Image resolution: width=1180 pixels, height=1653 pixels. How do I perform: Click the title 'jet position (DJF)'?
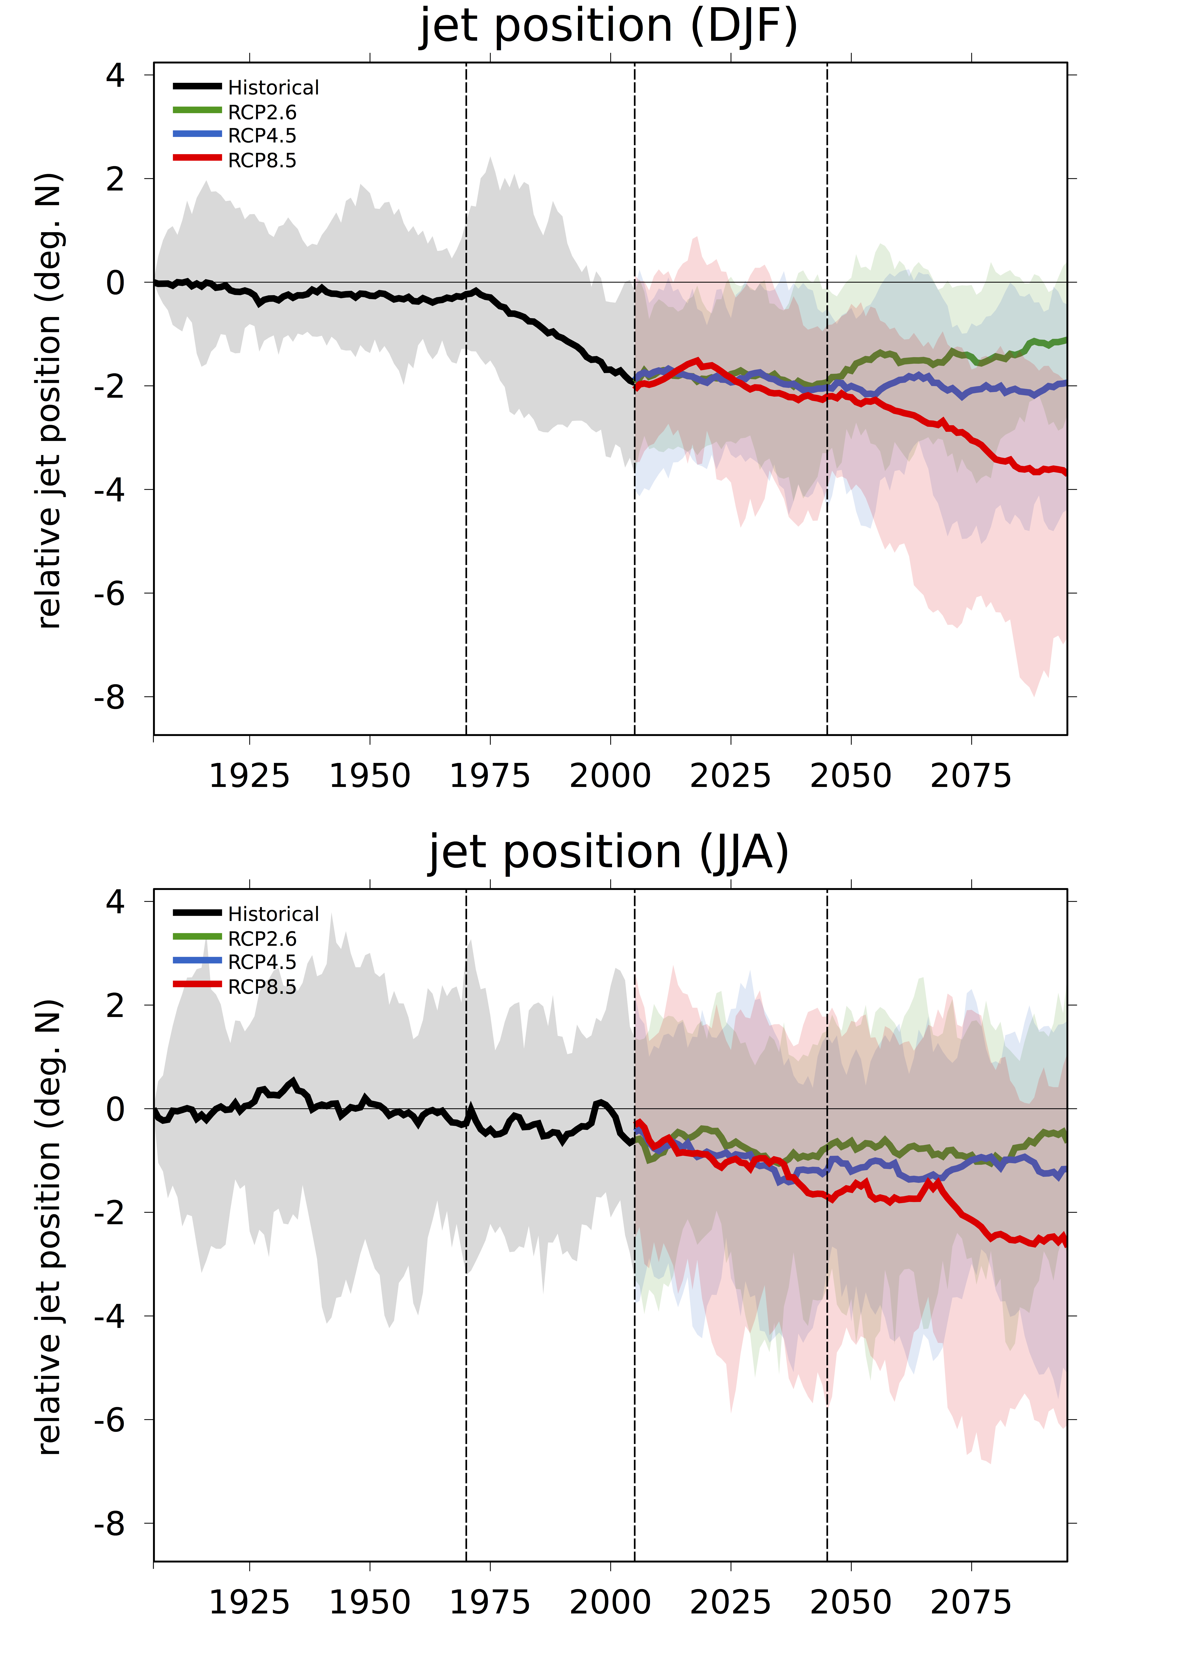coord(609,28)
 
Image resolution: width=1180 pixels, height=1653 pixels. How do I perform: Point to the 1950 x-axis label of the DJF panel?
coord(370,776)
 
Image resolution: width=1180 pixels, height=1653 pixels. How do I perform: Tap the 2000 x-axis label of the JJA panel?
coord(610,1603)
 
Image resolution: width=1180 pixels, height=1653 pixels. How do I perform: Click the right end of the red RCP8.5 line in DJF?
coord(1066,473)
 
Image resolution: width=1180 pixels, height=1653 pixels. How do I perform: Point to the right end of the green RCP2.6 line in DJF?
coord(1066,339)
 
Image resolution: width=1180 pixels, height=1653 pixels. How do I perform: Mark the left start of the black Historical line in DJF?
coord(154,282)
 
